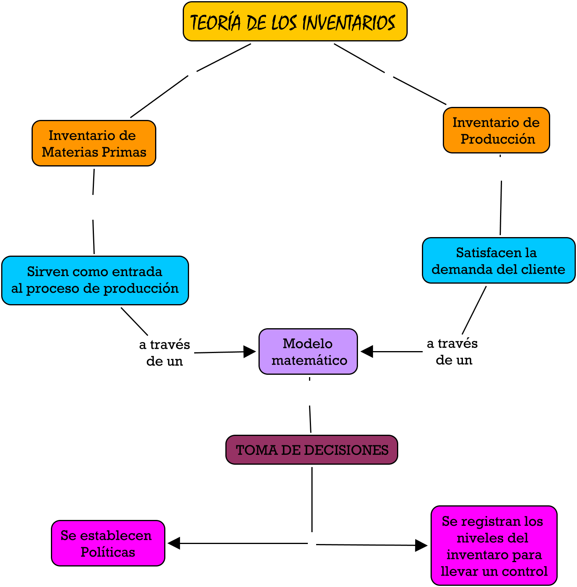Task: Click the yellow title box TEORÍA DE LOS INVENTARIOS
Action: click(295, 22)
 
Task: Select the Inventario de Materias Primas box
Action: click(94, 143)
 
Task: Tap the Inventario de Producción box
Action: click(496, 130)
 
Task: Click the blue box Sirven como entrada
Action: click(95, 280)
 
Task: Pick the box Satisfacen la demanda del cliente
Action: click(498, 260)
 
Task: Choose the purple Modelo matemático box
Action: click(308, 351)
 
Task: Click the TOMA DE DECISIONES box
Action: click(311, 450)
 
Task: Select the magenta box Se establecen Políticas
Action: click(108, 543)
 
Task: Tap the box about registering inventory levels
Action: click(494, 546)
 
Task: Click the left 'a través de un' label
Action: click(165, 353)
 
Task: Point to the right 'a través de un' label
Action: click(453, 351)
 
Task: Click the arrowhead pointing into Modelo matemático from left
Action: click(249, 351)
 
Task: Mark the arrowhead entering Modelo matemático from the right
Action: click(367, 351)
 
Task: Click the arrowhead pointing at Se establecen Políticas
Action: click(174, 543)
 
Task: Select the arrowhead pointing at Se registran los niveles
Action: click(421, 546)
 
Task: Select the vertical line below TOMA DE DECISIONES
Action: click(312, 499)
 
